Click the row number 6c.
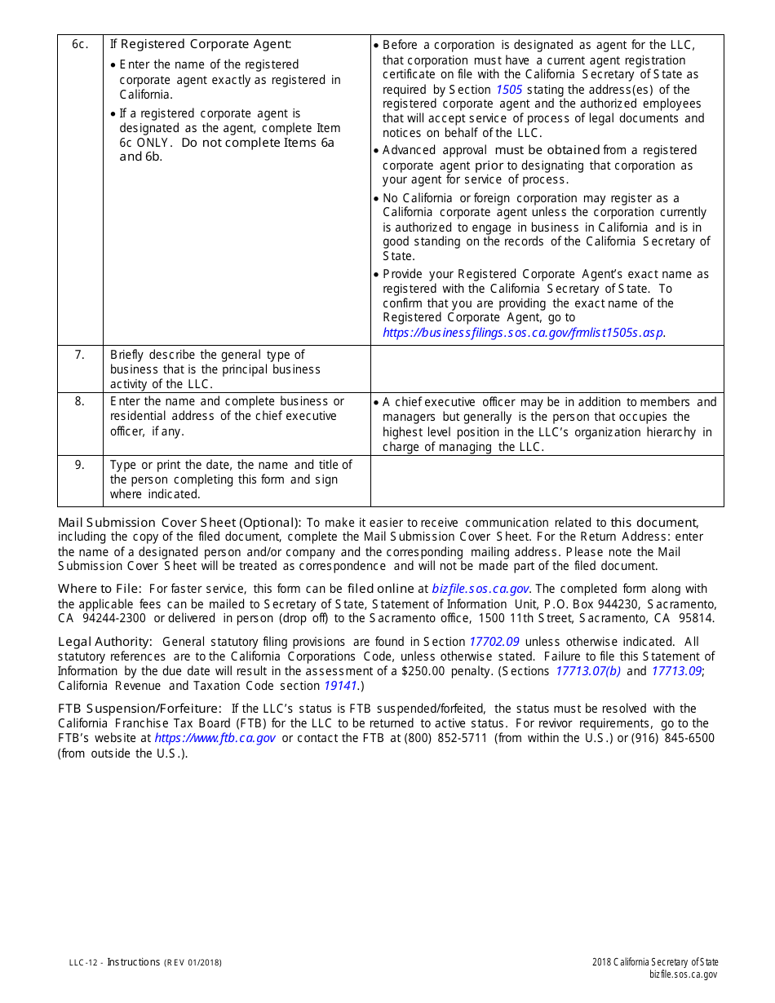tap(79, 44)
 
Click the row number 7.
tap(79, 355)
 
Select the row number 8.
tap(79, 401)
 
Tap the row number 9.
tap(79, 465)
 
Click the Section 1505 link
tap(509, 90)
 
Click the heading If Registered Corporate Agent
tap(201, 44)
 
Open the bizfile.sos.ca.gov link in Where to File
tap(481, 589)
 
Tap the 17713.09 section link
tap(676, 671)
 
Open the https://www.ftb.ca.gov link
tap(215, 738)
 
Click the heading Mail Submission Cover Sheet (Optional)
tap(179, 523)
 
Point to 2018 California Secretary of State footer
tap(655, 962)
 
